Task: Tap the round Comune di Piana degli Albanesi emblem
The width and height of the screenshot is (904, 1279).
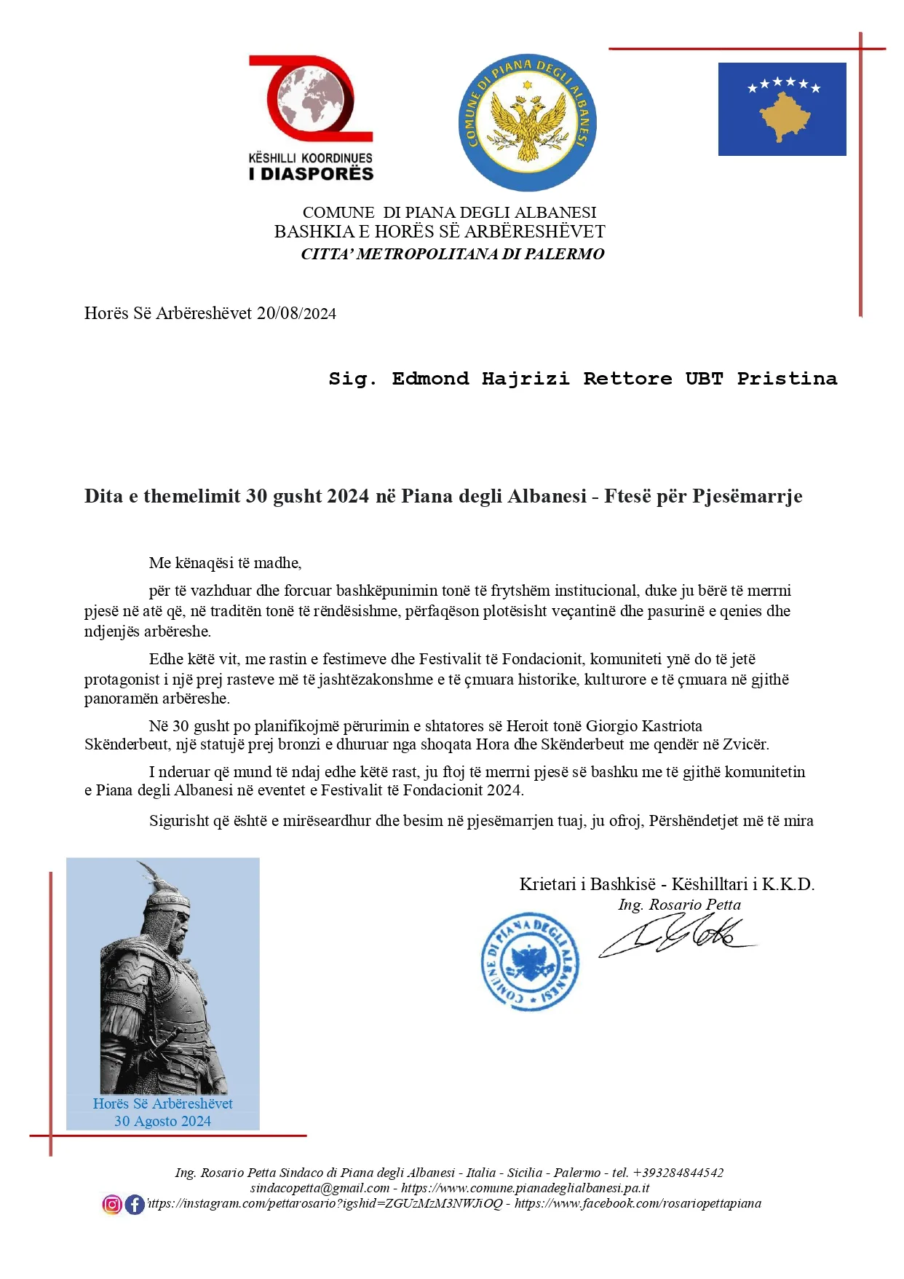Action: pyautogui.click(x=527, y=122)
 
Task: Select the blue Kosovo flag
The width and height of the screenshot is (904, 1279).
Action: pyautogui.click(x=782, y=109)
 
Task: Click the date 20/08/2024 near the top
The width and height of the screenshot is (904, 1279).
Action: pyautogui.click(x=296, y=313)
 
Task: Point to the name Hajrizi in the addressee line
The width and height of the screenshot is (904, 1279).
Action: pyautogui.click(x=526, y=379)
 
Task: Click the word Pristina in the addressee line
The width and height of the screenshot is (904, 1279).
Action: pyautogui.click(x=787, y=379)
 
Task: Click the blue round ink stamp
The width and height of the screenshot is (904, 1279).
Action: pyautogui.click(x=531, y=962)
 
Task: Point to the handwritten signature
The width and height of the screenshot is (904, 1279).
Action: pyautogui.click(x=677, y=937)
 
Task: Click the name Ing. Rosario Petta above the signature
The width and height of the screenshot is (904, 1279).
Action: pyautogui.click(x=679, y=905)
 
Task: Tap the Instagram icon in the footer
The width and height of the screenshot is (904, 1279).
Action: pyautogui.click(x=112, y=1205)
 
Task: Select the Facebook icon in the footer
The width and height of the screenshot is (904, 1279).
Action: pyautogui.click(x=135, y=1205)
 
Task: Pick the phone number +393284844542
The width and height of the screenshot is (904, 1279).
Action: pyautogui.click(x=678, y=1173)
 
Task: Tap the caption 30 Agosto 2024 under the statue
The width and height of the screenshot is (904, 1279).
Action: pyautogui.click(x=162, y=1121)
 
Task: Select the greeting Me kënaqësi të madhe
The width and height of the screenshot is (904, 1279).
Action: pyautogui.click(x=225, y=563)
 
